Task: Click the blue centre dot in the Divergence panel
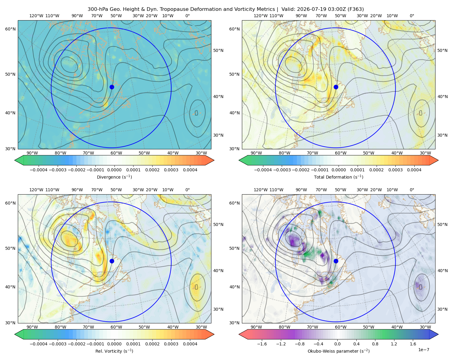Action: (112, 87)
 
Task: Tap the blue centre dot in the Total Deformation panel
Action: (336, 87)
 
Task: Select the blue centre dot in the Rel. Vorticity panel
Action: (112, 261)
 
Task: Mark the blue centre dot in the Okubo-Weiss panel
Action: (336, 261)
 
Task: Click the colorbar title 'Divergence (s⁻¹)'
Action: (114, 177)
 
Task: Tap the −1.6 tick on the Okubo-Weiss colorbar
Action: (262, 344)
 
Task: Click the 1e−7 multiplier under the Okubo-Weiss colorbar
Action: (423, 350)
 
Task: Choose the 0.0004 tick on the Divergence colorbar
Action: (190, 170)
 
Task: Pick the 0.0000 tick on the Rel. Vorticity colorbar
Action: (114, 344)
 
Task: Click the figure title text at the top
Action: (226, 9)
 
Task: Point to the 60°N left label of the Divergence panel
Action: (10, 29)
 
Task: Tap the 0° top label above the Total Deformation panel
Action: (412, 16)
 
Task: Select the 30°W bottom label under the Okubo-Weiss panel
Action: (426, 327)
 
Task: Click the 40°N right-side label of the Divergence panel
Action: (218, 97)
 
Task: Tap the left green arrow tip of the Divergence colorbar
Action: (15, 160)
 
